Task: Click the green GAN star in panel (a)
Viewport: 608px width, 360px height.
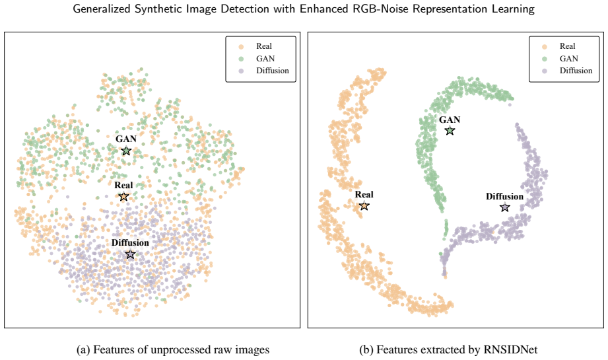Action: coord(126,151)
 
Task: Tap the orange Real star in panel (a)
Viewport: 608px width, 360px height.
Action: coord(123,196)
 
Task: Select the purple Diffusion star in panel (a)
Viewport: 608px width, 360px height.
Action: coord(130,254)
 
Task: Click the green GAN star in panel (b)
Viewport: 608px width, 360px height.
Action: coord(450,131)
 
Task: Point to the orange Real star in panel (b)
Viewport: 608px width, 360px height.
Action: coord(364,205)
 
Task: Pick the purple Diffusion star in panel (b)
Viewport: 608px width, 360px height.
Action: coord(504,207)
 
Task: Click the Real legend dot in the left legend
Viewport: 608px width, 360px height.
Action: coord(241,46)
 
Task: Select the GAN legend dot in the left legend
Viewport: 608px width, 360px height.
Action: coord(241,59)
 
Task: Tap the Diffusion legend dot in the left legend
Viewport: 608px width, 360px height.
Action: coord(241,71)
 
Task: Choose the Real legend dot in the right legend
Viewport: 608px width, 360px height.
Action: coord(545,46)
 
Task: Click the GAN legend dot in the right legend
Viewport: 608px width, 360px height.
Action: coord(545,59)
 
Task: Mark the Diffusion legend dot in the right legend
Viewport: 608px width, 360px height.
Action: coord(545,71)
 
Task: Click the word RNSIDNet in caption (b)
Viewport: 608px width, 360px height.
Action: coord(510,349)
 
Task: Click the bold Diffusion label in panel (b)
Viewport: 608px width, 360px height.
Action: coord(504,196)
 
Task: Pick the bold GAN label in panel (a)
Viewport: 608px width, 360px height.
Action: coord(126,139)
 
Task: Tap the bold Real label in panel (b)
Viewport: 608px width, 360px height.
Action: coord(364,194)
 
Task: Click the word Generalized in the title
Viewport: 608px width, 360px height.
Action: coord(102,9)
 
